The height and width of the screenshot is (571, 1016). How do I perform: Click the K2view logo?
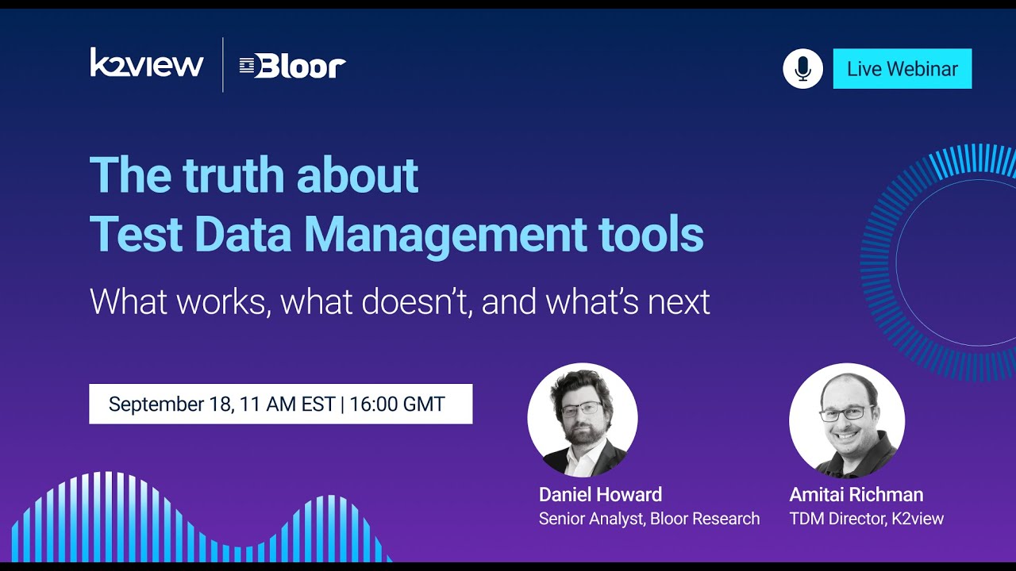pyautogui.click(x=147, y=63)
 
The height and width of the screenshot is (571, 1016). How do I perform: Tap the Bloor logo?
pyautogui.click(x=293, y=67)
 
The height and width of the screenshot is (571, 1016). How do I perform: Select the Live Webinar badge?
pyautogui.click(x=902, y=69)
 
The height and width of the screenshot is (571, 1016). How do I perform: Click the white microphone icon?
pyautogui.click(x=802, y=69)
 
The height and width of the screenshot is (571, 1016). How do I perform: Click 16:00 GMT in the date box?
pyautogui.click(x=397, y=404)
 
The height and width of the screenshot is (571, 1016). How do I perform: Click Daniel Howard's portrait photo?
pyautogui.click(x=582, y=420)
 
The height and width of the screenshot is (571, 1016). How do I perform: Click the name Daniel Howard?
pyautogui.click(x=600, y=495)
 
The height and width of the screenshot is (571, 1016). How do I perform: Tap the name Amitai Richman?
pyautogui.click(x=856, y=495)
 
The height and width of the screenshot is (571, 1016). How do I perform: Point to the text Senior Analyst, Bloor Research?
pyautogui.click(x=648, y=519)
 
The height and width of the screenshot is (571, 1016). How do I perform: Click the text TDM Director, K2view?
pyautogui.click(x=866, y=519)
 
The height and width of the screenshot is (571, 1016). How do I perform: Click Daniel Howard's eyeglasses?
pyautogui.click(x=581, y=409)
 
